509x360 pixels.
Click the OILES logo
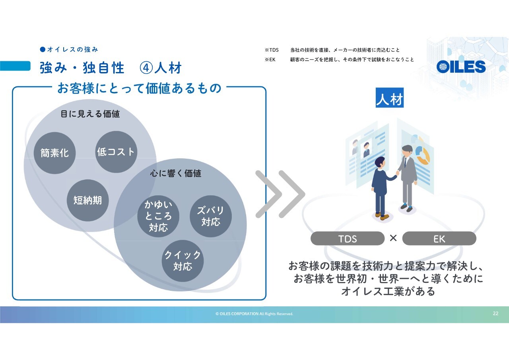coord(461,66)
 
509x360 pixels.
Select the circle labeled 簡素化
coord(54,153)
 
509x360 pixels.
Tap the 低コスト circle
coord(116,152)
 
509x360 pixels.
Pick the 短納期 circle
coord(88,200)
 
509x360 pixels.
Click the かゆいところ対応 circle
coord(158,216)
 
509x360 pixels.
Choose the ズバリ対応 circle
coord(211,216)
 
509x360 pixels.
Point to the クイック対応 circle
coord(183,261)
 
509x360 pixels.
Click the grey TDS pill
coord(348,238)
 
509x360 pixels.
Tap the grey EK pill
coord(439,238)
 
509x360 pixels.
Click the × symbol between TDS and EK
coord(393,238)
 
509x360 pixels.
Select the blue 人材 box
coord(389,97)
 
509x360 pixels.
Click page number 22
coord(495,313)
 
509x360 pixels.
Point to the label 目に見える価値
coord(90,114)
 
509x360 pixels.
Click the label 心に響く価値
coord(176,173)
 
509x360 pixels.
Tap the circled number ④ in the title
coord(146,68)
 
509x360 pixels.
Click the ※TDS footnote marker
coord(272,50)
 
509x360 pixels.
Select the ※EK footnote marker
coord(270,60)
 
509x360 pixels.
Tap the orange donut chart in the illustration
coord(423,155)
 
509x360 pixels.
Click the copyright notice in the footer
coord(254,314)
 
